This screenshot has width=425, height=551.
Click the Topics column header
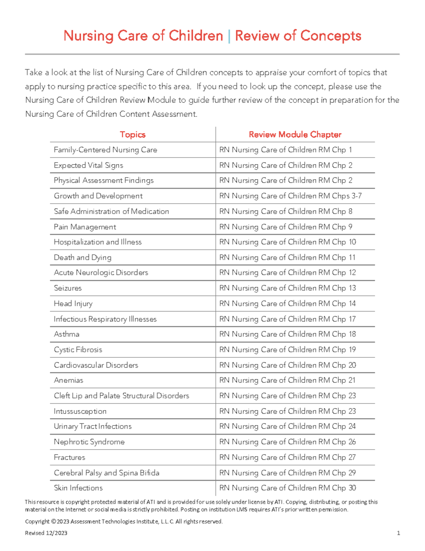pyautogui.click(x=132, y=134)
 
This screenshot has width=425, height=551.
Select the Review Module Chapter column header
pyautogui.click(x=295, y=134)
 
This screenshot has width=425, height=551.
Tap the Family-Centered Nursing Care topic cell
pyautogui.click(x=105, y=150)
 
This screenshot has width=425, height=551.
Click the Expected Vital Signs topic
pyautogui.click(x=88, y=165)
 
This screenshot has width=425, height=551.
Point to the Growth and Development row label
pyautogui.click(x=98, y=196)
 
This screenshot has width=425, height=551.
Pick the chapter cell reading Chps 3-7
pyautogui.click(x=290, y=196)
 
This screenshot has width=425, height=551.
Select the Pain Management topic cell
pyautogui.click(x=85, y=227)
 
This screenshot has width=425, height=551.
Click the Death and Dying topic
pyautogui.click(x=82, y=258)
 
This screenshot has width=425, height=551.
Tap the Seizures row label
pyautogui.click(x=68, y=288)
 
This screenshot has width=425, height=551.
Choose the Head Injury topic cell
pyautogui.click(x=73, y=304)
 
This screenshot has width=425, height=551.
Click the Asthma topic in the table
pyautogui.click(x=67, y=334)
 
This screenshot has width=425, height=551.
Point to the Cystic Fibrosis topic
pyautogui.click(x=78, y=350)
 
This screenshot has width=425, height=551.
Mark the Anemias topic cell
pyautogui.click(x=68, y=380)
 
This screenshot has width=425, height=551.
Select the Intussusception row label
pyautogui.click(x=80, y=411)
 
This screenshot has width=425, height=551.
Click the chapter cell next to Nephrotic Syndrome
pyautogui.click(x=287, y=442)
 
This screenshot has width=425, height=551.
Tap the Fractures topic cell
pyautogui.click(x=69, y=457)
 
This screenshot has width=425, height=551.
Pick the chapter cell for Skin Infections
pyautogui.click(x=287, y=488)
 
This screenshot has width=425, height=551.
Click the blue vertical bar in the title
pyautogui.click(x=229, y=36)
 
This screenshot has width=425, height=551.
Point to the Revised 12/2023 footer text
pyautogui.click(x=46, y=533)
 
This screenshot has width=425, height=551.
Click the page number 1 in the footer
pyautogui.click(x=398, y=533)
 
